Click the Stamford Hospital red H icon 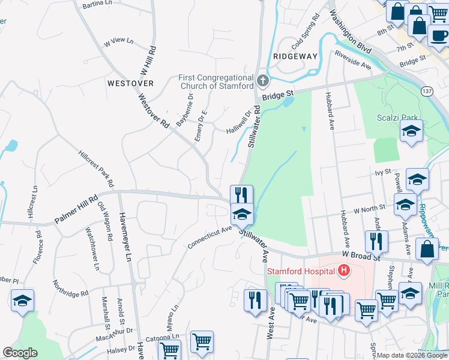click(x=343, y=271)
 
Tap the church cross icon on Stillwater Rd click(x=262, y=80)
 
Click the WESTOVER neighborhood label click(x=130, y=83)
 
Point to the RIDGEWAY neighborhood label click(x=295, y=56)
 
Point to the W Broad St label click(x=362, y=256)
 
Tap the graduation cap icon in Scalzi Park click(x=411, y=131)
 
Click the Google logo click(x=19, y=353)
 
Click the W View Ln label click(x=118, y=42)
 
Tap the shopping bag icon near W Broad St click(x=426, y=251)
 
